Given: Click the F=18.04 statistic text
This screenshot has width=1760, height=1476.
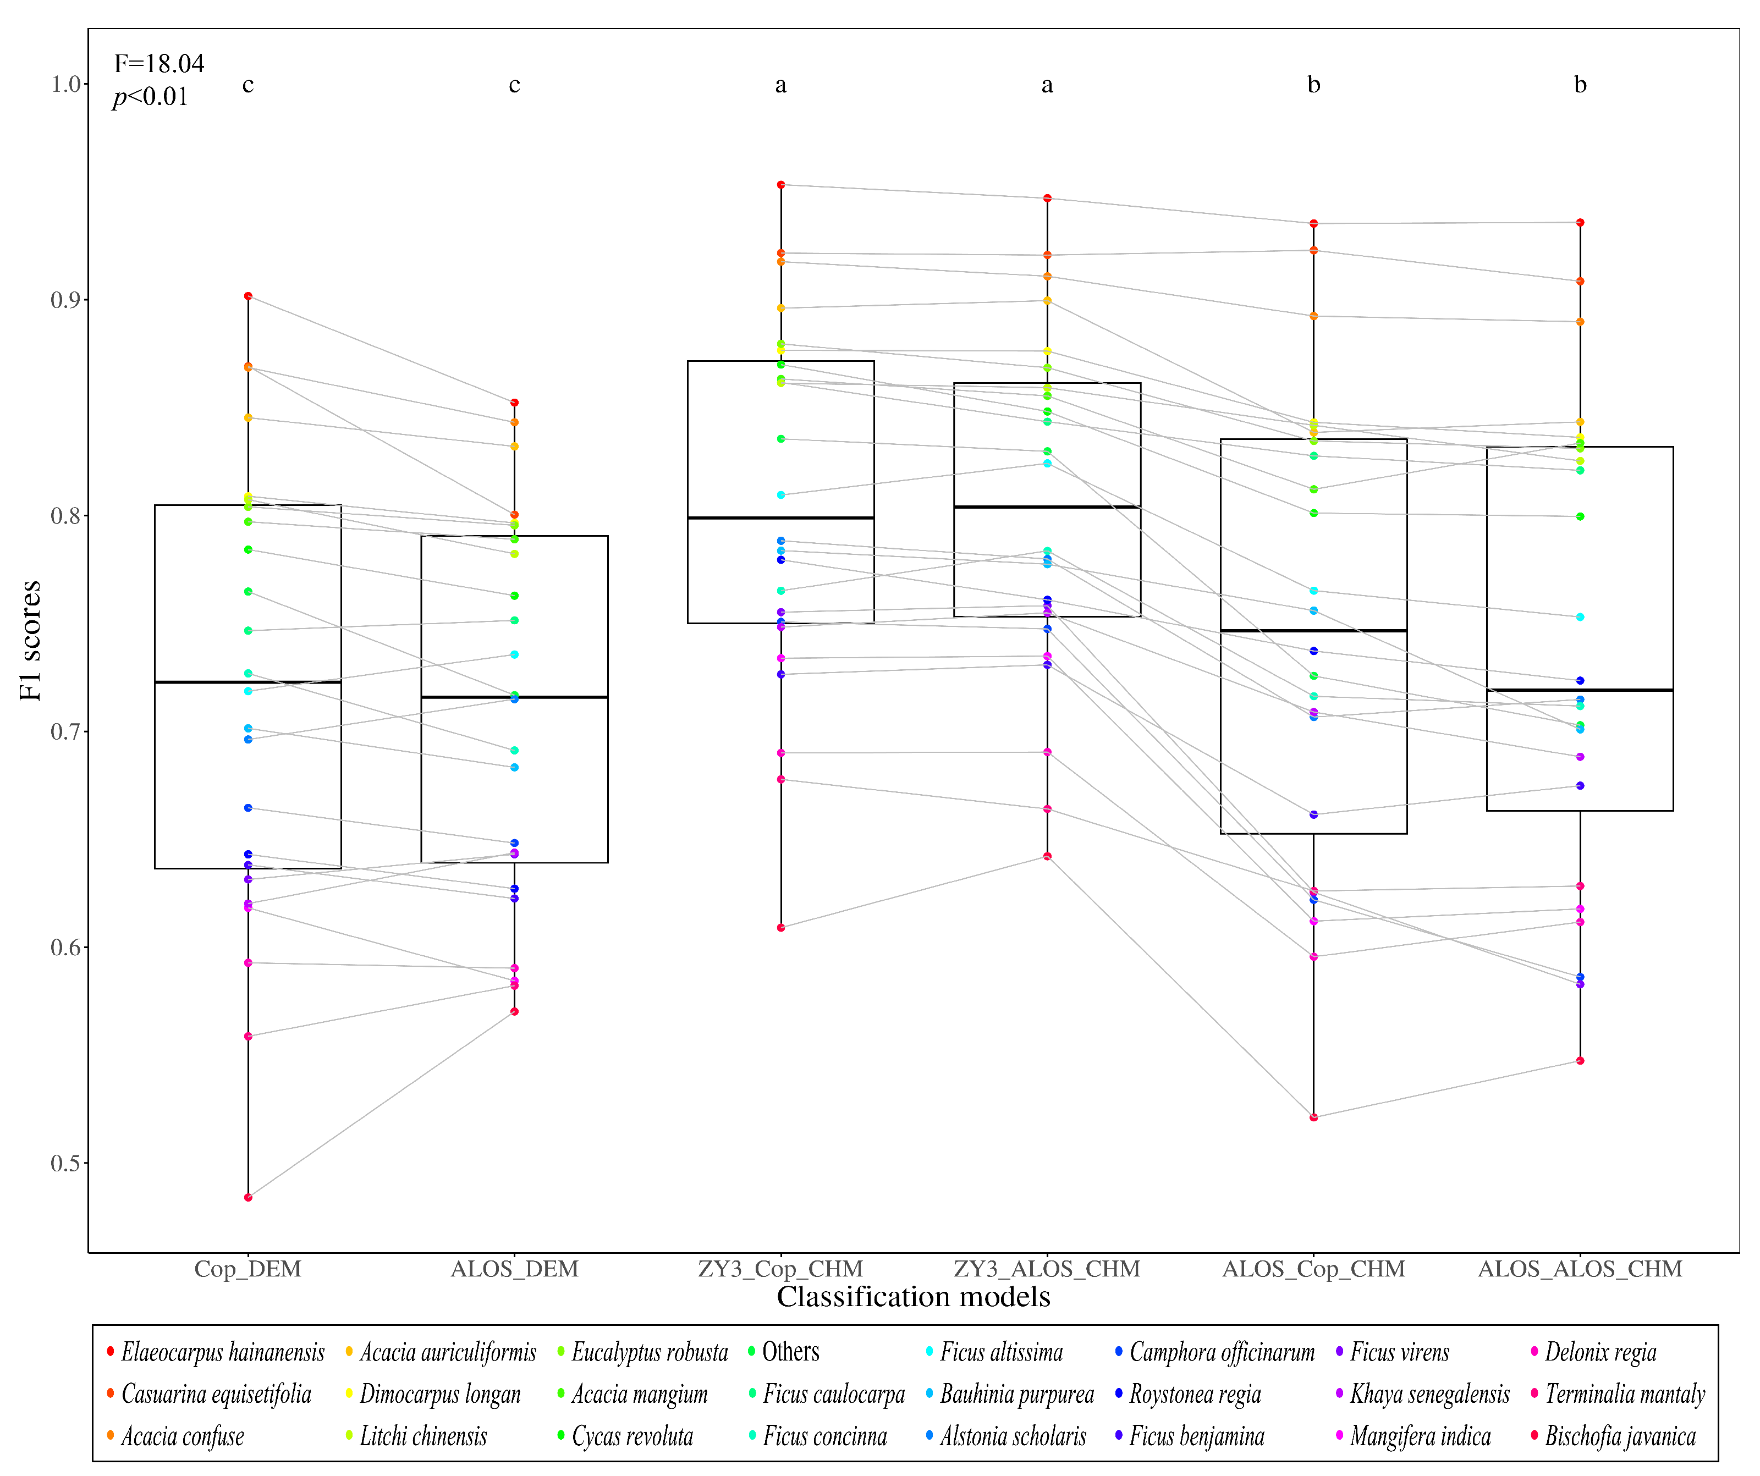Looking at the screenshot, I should pos(159,64).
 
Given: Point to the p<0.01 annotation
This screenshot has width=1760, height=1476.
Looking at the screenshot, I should pos(151,97).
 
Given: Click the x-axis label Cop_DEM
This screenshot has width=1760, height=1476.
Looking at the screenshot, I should pos(248,1269).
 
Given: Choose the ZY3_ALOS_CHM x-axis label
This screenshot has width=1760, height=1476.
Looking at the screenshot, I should pos(1047,1269).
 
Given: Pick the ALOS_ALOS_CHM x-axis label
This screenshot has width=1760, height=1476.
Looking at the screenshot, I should pos(1580,1269).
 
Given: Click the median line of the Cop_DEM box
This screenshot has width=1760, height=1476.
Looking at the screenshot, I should pos(248,682).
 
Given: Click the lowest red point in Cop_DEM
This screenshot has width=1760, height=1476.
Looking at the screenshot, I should pos(248,1198).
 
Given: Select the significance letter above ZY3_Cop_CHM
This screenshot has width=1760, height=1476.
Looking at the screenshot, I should pos(781,85).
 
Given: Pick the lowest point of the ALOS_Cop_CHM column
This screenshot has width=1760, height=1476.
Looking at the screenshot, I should pos(1313,1117).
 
